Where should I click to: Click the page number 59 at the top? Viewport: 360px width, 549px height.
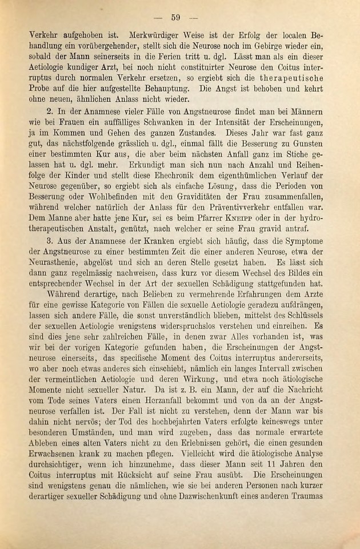click(176, 17)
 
